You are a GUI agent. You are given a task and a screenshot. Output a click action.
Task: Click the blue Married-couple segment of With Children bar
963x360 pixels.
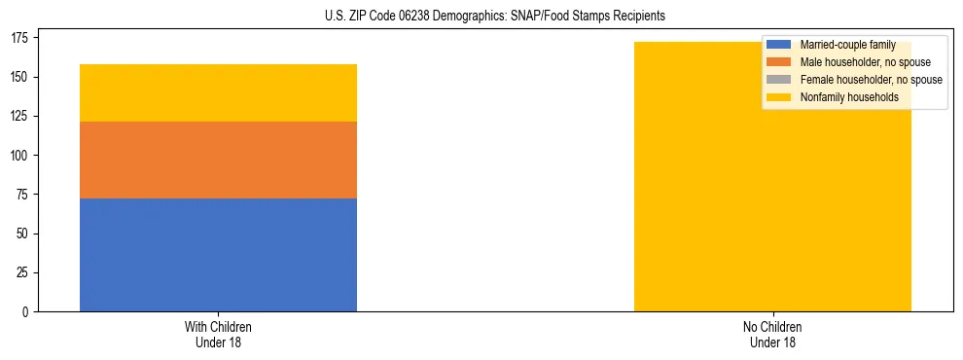coord(218,255)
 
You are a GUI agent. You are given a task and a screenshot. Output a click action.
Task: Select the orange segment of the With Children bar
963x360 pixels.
coord(218,160)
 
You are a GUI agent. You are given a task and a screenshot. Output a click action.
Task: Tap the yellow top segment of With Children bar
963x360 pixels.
coord(218,92)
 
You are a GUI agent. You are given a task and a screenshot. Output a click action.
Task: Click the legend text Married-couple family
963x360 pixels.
coord(847,45)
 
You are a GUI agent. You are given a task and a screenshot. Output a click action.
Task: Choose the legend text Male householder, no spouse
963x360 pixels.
coord(858,62)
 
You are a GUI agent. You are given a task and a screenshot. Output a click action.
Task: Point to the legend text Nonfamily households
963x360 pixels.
coord(843,97)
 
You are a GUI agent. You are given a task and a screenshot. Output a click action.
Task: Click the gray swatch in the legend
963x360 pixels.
coord(780,80)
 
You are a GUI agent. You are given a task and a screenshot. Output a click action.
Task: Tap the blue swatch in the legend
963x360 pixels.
coord(780,45)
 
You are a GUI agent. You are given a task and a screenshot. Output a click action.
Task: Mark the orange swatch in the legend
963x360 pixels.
coord(780,62)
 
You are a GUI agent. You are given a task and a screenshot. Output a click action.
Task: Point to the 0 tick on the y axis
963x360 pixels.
coord(29,312)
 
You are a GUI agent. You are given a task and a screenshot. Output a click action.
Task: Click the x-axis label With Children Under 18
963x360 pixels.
coord(218,335)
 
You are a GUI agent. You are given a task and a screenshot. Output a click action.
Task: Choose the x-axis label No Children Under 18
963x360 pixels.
coord(772,335)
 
